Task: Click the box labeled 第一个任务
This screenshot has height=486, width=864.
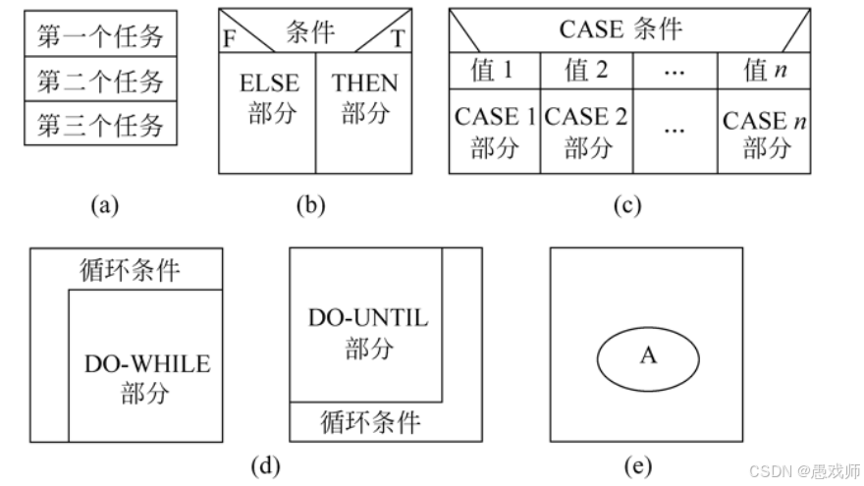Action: point(100,35)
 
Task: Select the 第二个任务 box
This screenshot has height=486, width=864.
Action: point(100,81)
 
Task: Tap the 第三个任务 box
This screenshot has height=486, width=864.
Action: point(100,126)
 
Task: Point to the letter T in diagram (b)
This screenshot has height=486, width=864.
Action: point(398,40)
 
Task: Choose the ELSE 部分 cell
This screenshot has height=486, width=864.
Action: point(269,98)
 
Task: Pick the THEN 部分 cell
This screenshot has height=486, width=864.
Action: point(364,98)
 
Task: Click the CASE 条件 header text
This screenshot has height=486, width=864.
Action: point(621,29)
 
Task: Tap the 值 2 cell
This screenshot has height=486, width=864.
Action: point(586,71)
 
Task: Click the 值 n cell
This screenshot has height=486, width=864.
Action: point(766,71)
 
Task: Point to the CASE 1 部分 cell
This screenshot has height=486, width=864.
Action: point(494,132)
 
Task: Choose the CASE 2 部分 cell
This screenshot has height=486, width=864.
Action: point(586,132)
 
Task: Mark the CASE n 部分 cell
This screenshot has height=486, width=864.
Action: point(766,134)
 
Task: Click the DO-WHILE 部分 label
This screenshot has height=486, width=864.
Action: point(146,378)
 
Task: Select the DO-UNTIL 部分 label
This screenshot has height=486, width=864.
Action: point(368,333)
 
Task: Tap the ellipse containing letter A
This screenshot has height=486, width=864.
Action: point(648,355)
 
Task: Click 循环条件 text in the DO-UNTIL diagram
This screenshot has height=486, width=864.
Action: point(371,422)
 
